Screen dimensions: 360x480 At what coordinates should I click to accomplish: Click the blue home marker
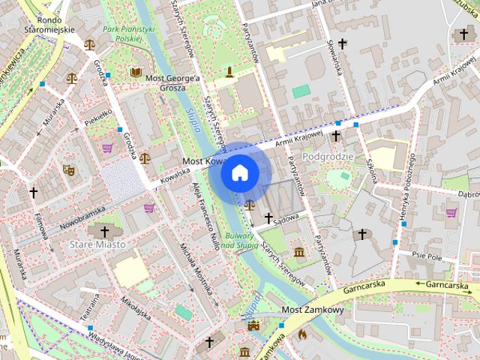(x=239, y=173)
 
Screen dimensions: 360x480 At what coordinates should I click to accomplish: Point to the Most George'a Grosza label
(x=174, y=82)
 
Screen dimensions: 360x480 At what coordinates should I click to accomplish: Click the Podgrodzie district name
(x=327, y=155)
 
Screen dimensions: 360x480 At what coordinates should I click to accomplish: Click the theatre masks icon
(x=68, y=169)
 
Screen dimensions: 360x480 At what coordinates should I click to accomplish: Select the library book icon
(x=135, y=72)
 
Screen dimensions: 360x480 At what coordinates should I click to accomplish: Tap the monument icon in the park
(x=229, y=72)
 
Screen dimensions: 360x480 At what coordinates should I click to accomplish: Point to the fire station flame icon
(x=302, y=334)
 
